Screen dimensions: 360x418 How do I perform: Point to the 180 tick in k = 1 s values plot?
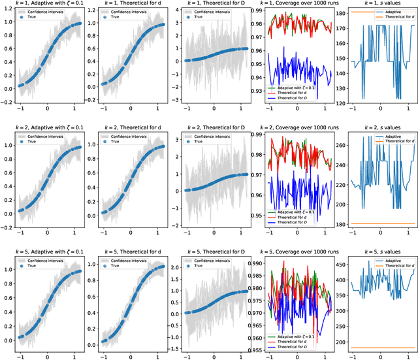click(x=340, y=12)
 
